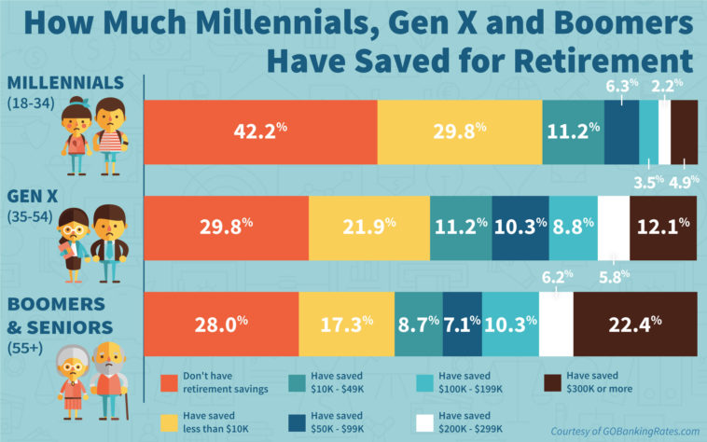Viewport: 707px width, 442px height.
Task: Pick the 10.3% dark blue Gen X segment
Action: pyautogui.click(x=520, y=225)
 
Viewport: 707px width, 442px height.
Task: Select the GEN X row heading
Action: pyautogui.click(x=34, y=196)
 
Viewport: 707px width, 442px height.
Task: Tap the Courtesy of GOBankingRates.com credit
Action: pyautogui.click(x=624, y=430)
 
